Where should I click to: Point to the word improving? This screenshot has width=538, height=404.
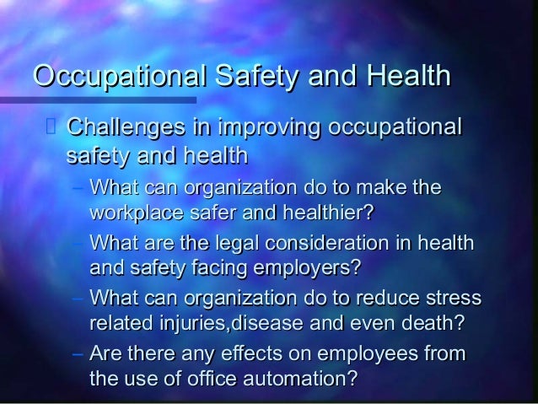coord(269,130)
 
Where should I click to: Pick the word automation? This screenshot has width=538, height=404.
coord(295,379)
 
